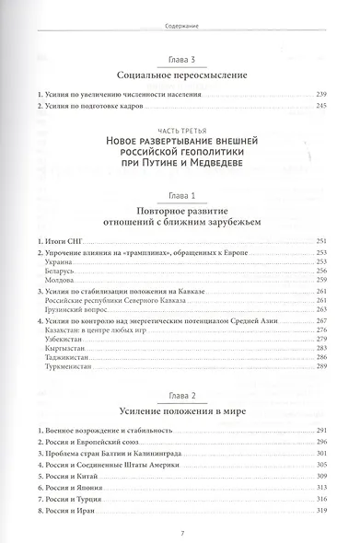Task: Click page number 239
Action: [321, 96]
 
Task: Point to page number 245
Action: [321, 108]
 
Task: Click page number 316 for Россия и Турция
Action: [321, 491]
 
